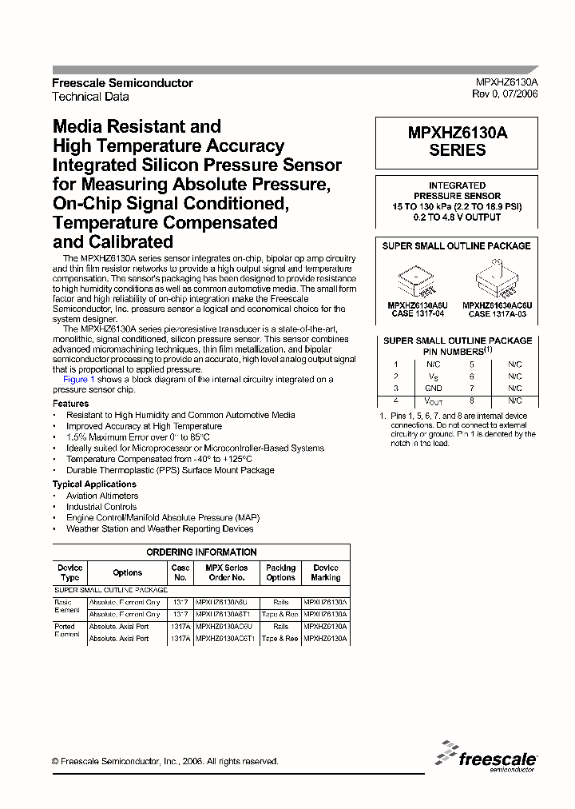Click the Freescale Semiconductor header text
click(x=122, y=83)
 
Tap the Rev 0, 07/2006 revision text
click(x=505, y=94)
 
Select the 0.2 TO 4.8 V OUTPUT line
click(x=457, y=217)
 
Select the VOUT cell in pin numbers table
click(x=434, y=401)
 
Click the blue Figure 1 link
click(x=79, y=380)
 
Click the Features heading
click(x=71, y=404)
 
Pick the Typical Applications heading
click(x=94, y=484)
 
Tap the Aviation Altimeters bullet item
click(x=102, y=496)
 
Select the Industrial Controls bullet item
click(x=101, y=507)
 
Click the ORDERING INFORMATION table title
click(x=201, y=552)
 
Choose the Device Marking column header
click(x=326, y=572)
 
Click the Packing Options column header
click(x=280, y=572)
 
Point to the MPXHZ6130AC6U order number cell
click(x=227, y=627)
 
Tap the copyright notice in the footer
click(x=165, y=762)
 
